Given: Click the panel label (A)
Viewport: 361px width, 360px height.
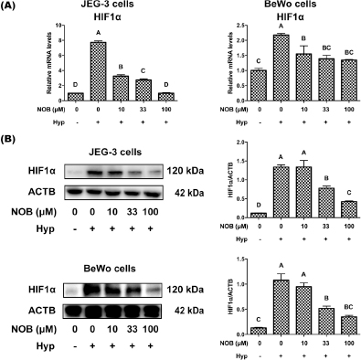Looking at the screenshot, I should click(12, 7).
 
